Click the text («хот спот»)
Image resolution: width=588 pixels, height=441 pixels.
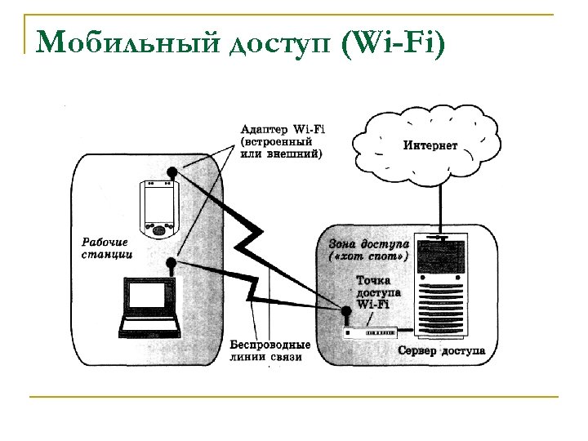pos(367,257)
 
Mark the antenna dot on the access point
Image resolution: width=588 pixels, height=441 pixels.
pos(345,311)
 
